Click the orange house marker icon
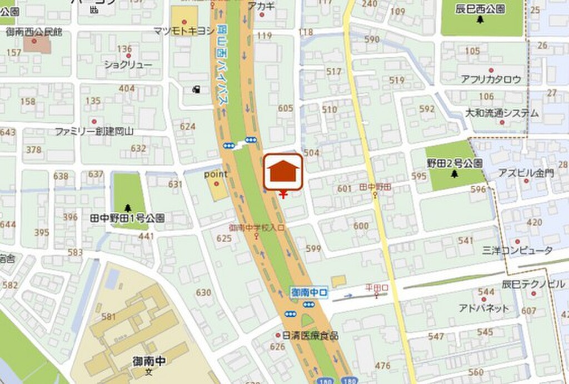(x=283, y=172)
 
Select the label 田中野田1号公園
(x=127, y=218)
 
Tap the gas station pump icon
(x=196, y=89)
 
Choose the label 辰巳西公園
(x=480, y=9)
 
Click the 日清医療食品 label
(x=310, y=336)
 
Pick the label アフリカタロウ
(x=491, y=79)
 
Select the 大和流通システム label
(x=502, y=113)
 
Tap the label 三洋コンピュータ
(x=518, y=251)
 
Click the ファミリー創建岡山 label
(x=94, y=131)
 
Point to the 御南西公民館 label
(x=34, y=32)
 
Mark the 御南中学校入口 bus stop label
(x=257, y=227)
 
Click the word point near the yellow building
(x=216, y=174)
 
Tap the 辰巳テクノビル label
(x=533, y=284)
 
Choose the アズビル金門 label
(x=526, y=172)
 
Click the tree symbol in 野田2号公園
(x=455, y=174)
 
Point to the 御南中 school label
(x=149, y=361)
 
